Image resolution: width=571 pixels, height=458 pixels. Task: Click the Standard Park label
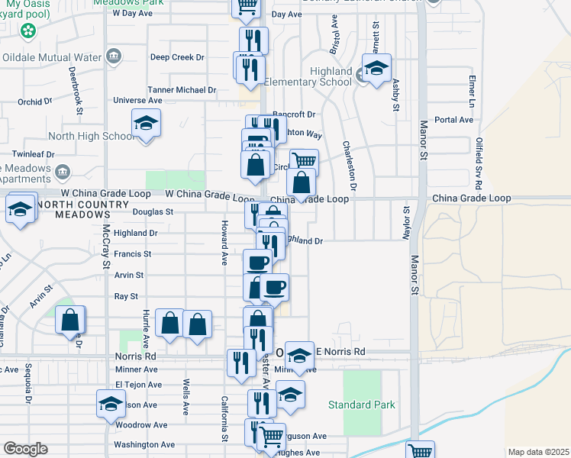(x=362, y=405)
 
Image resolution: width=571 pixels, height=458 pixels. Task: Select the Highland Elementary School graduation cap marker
(x=376, y=69)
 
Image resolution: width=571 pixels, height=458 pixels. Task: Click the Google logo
(x=25, y=449)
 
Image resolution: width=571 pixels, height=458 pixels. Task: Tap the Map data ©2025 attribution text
(x=538, y=452)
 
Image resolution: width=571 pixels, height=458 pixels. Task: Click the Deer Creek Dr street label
(x=177, y=57)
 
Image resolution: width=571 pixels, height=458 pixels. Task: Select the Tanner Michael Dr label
(x=182, y=89)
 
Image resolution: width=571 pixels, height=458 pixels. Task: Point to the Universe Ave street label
(x=137, y=100)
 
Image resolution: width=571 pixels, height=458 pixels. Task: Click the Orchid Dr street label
(x=35, y=101)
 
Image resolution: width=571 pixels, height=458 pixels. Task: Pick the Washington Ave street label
(x=144, y=444)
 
